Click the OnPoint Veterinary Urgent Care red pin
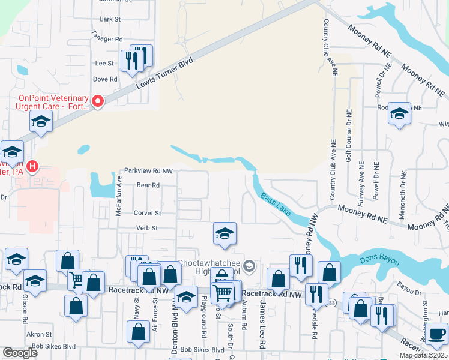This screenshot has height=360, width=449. (x=97, y=101)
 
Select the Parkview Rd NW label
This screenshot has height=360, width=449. (x=148, y=171)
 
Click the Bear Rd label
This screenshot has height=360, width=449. (x=148, y=185)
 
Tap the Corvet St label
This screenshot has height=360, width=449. (x=147, y=213)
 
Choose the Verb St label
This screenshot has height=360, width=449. (x=146, y=228)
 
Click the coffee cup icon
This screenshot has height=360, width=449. (x=436, y=333)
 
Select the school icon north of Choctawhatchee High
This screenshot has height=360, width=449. (x=224, y=233)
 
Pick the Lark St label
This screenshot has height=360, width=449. (x=110, y=19)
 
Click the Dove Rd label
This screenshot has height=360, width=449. (x=104, y=79)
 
